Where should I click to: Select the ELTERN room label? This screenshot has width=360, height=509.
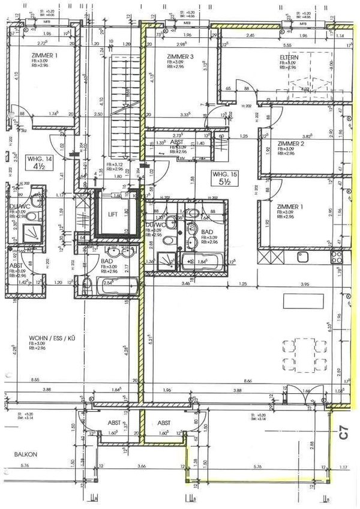(x=289, y=57)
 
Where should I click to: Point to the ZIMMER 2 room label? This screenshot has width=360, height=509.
(x=291, y=144)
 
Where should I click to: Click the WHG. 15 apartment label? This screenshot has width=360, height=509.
(x=222, y=174)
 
